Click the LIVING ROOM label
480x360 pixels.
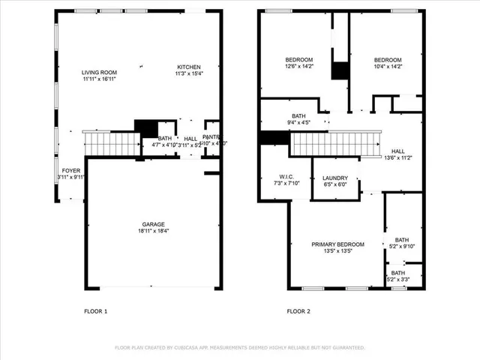tap(100, 72)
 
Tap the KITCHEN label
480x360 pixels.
tap(189, 67)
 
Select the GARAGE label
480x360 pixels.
tap(154, 224)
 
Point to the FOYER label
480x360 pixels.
tap(71, 170)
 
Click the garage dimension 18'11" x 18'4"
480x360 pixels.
tap(154, 231)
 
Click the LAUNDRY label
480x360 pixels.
tap(335, 178)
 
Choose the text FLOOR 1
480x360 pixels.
tap(96, 311)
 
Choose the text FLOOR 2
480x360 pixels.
tap(298, 311)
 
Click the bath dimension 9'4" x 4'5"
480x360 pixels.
tap(299, 122)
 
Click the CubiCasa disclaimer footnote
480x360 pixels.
tap(239, 348)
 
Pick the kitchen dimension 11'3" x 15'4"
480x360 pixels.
tap(189, 73)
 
